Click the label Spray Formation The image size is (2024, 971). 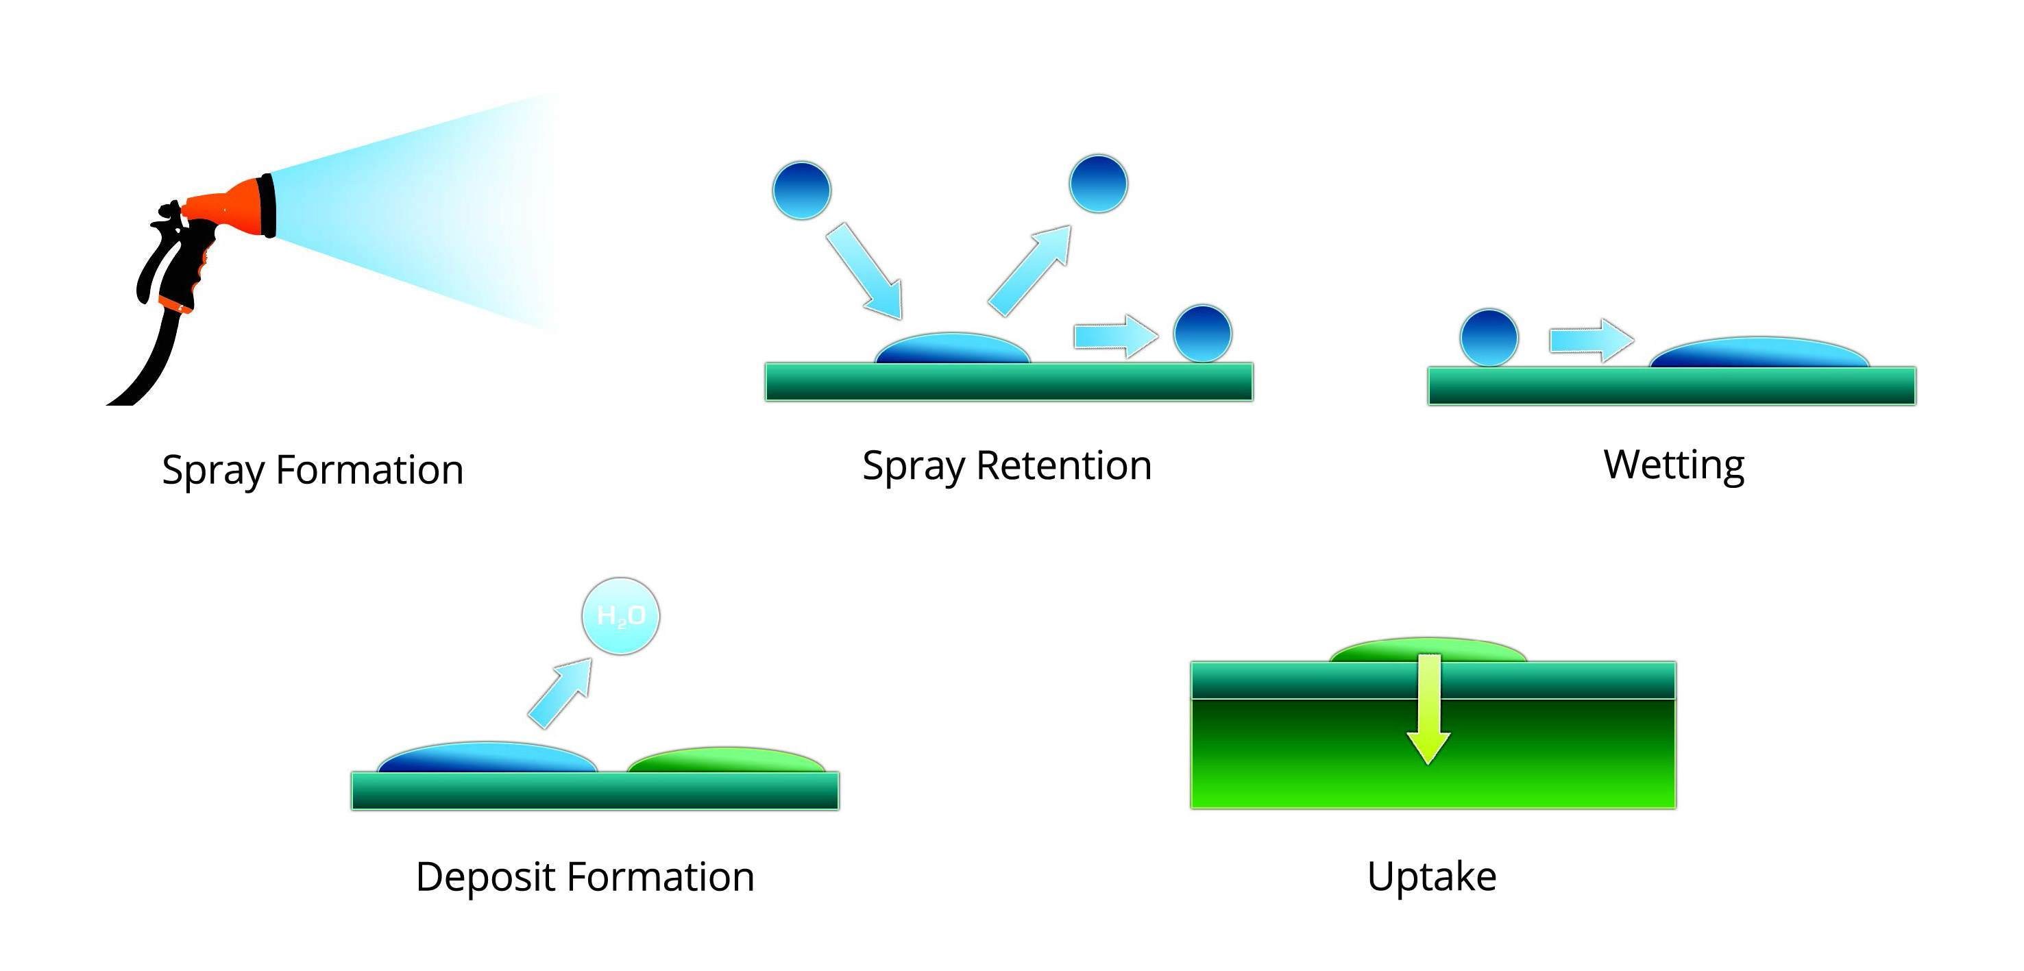coord(313,470)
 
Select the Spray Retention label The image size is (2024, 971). coord(1006,465)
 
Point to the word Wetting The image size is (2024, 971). coord(1674,465)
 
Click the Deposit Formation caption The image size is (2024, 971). coord(585,876)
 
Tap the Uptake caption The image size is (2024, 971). coord(1432,876)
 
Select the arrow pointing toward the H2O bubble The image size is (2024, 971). coord(559,693)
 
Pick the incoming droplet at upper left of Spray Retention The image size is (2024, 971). coord(801,190)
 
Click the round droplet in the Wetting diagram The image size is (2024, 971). coord(1489,338)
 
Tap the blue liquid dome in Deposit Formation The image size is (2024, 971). coord(487,758)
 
